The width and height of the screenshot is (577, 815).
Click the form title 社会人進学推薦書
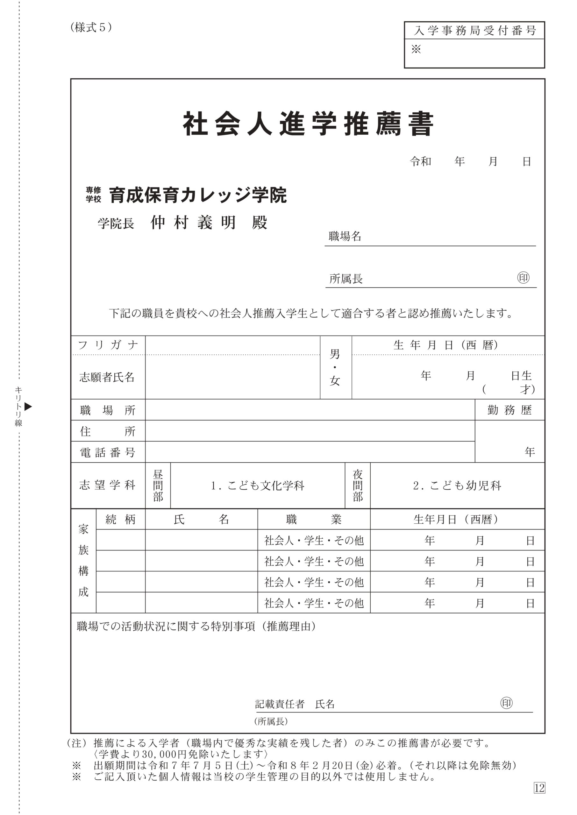308,124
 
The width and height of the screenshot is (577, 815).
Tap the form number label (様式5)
91,27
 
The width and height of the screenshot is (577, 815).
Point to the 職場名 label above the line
345,236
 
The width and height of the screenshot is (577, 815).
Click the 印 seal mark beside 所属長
523,277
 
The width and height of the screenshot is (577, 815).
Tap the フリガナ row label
108,345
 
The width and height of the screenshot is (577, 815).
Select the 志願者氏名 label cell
107,377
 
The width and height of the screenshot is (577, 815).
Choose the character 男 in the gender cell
335,354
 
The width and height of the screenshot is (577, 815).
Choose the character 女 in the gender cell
335,381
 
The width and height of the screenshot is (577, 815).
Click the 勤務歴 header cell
509,410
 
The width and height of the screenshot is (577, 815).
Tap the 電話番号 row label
108,452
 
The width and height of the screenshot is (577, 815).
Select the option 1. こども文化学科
257,485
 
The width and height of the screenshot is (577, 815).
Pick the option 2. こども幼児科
457,485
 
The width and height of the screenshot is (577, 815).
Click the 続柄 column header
120,520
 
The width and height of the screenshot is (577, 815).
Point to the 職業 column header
313,520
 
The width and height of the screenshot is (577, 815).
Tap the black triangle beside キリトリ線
28,407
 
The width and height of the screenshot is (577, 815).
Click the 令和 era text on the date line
420,162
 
